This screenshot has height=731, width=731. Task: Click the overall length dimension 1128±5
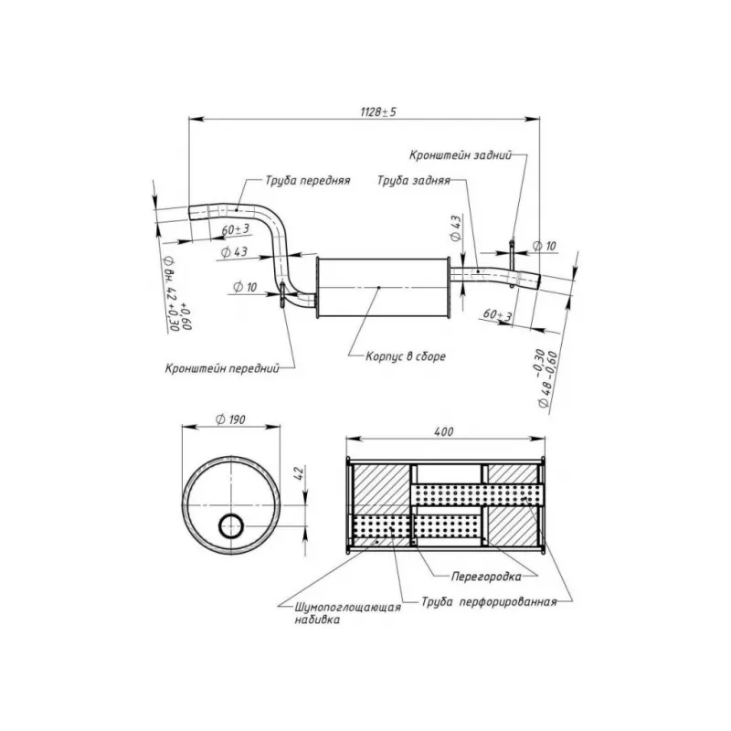click(x=378, y=111)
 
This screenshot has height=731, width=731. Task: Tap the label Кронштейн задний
click(x=461, y=154)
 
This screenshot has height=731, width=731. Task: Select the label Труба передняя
click(x=308, y=180)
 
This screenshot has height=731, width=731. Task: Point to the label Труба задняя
click(x=414, y=180)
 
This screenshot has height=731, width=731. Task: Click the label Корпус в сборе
click(x=405, y=356)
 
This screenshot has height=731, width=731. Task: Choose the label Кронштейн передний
click(x=222, y=369)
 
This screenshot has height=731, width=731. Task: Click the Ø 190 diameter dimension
click(x=231, y=419)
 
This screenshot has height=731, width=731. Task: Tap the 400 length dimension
click(x=443, y=431)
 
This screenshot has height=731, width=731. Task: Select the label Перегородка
click(x=486, y=577)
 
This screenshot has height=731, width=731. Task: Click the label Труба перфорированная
click(x=489, y=602)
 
